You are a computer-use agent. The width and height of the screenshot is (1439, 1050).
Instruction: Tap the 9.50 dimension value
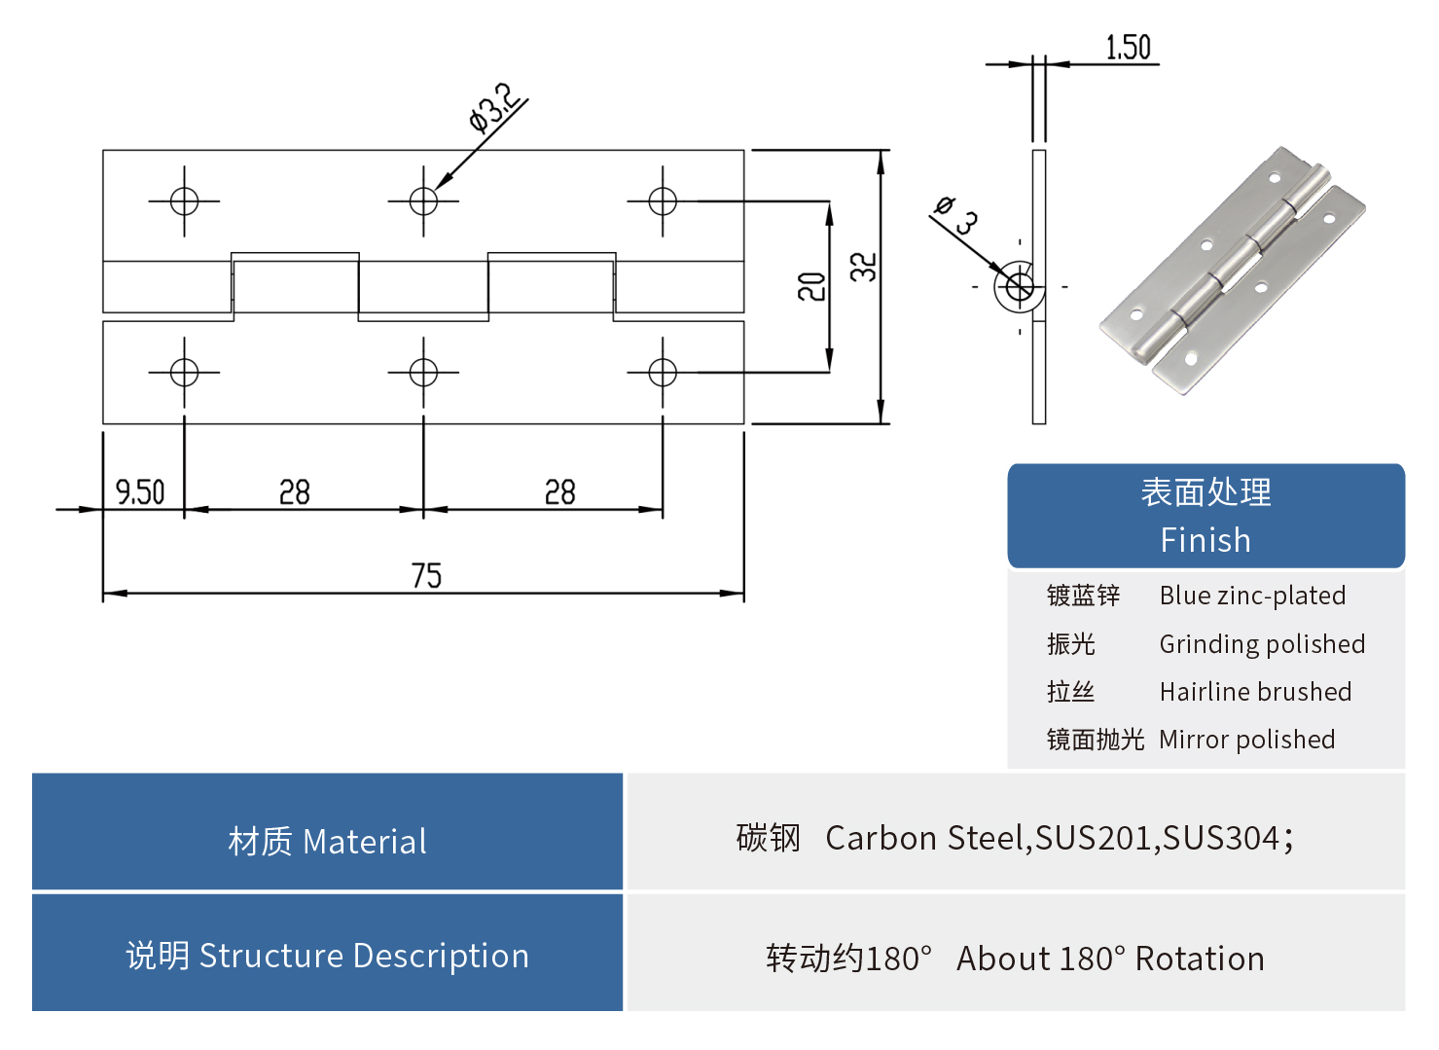[x=140, y=492]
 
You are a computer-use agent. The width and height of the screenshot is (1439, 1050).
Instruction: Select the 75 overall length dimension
[x=426, y=576]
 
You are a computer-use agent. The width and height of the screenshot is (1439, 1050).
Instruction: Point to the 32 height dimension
[x=864, y=267]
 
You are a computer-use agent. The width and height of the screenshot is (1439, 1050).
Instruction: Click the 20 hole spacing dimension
[x=811, y=286]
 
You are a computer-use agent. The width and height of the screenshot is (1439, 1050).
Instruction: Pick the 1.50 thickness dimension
[x=1128, y=48]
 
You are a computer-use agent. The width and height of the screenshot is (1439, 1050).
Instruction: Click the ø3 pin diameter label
[x=956, y=215]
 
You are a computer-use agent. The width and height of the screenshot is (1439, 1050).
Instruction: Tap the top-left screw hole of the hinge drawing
[x=184, y=201]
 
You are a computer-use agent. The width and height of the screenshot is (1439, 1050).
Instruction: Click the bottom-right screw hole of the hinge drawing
[x=663, y=373]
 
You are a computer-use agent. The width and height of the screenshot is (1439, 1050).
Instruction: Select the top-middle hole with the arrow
[x=423, y=201]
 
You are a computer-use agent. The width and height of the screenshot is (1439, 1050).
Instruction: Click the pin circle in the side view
[x=1019, y=287]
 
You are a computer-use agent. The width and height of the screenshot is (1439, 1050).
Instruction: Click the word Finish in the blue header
[x=1205, y=540]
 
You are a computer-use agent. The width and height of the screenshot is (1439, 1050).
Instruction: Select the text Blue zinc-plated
[x=1252, y=596]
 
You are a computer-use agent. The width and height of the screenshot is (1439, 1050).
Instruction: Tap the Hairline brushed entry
[x=1255, y=692]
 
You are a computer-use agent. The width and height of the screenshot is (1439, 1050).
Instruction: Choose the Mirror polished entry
[x=1246, y=740]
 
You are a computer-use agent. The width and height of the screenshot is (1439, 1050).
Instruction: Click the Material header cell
[x=327, y=842]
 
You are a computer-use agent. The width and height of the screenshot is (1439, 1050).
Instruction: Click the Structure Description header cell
[x=327, y=956]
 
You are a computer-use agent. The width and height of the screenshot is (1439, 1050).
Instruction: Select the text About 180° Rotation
[x=1110, y=959]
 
